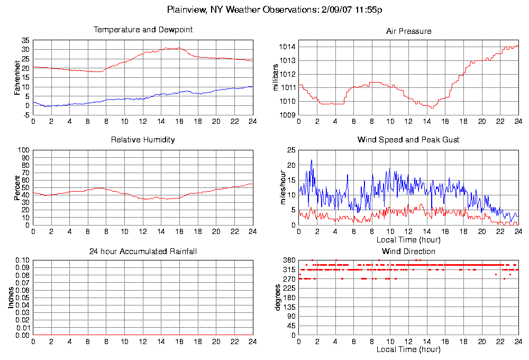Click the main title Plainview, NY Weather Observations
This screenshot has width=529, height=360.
click(275, 10)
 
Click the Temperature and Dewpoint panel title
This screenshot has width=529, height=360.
click(143, 30)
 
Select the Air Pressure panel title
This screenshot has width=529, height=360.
click(408, 31)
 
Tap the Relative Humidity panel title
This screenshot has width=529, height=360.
click(143, 140)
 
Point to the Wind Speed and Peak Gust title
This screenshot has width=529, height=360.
click(408, 140)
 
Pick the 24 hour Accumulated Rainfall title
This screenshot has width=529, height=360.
click(143, 251)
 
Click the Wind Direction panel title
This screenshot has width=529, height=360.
click(408, 251)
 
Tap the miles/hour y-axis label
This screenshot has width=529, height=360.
click(275, 187)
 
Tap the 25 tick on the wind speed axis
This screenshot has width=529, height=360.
click(291, 150)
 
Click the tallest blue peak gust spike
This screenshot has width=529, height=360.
click(312, 160)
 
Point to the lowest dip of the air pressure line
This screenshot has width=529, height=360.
click(432, 108)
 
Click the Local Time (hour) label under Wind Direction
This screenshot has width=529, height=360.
click(408, 349)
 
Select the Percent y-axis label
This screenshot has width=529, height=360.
click(17, 187)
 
